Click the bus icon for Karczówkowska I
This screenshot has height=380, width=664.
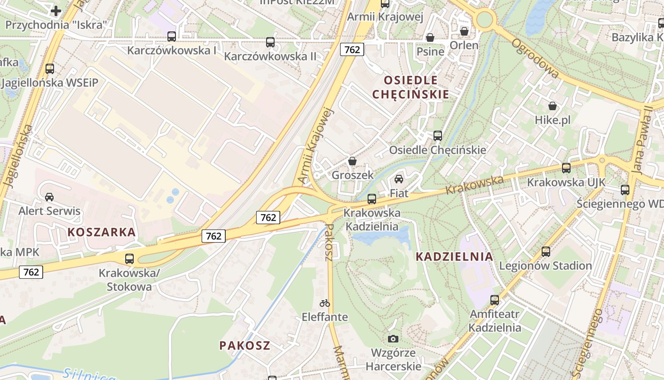pyautogui.click(x=172, y=37)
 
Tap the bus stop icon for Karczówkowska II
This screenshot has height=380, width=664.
pyautogui.click(x=270, y=42)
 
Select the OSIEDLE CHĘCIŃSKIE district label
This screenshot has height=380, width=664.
pyautogui.click(x=410, y=87)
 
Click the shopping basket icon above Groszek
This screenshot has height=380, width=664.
pyautogui.click(x=352, y=161)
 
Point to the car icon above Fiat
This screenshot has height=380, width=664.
pyautogui.click(x=399, y=179)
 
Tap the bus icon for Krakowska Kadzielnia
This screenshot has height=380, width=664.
pyautogui.click(x=372, y=199)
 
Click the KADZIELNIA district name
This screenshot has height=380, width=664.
pyautogui.click(x=454, y=256)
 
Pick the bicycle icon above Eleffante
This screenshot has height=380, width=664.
pyautogui.click(x=325, y=303)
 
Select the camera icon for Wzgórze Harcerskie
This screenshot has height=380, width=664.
pyautogui.click(x=393, y=339)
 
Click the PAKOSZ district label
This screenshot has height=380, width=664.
pyautogui.click(x=245, y=345)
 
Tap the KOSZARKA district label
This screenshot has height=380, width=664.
pyautogui.click(x=101, y=232)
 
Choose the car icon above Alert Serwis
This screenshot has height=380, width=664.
pyautogui.click(x=49, y=197)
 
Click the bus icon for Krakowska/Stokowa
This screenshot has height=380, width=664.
pyautogui.click(x=129, y=259)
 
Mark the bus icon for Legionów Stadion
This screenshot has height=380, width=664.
pyautogui.click(x=546, y=252)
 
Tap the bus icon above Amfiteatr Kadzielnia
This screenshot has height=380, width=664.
pyautogui.click(x=495, y=300)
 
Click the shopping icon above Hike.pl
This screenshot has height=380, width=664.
pyautogui.click(x=553, y=106)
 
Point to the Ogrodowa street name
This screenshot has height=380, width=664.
pyautogui.click(x=535, y=58)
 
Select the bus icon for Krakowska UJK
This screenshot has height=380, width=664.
pyautogui.click(x=566, y=168)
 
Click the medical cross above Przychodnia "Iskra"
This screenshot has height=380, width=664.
pyautogui.click(x=56, y=10)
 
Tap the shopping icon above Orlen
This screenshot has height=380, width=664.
pyautogui.click(x=464, y=31)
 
